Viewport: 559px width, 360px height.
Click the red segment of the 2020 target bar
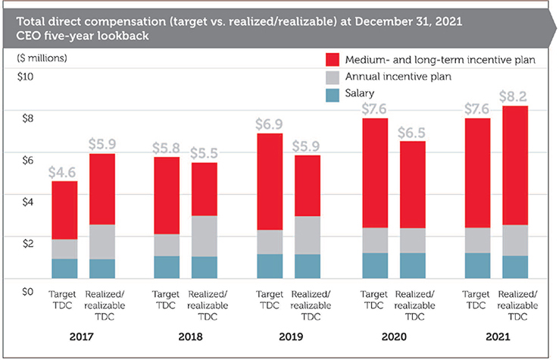point(374,173)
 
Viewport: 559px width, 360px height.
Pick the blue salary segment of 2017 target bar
point(64,268)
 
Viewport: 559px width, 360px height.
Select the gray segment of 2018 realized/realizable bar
point(204,236)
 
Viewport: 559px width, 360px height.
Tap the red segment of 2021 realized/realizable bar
point(515,164)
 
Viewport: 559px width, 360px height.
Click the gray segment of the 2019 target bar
point(271,242)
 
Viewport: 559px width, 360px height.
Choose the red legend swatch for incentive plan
point(333,59)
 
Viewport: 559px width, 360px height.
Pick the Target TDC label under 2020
point(374,300)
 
